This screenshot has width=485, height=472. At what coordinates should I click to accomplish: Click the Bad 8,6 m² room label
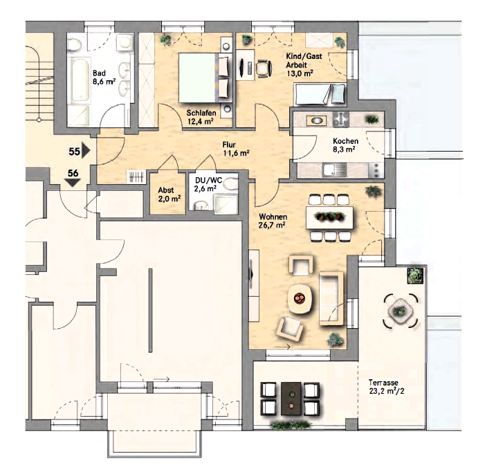(x=104, y=78)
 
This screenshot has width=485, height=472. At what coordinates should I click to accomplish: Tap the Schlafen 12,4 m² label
(x=201, y=117)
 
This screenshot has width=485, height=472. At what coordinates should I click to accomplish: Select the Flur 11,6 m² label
(x=237, y=149)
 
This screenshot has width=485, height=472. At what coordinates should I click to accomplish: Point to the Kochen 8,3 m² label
(x=345, y=145)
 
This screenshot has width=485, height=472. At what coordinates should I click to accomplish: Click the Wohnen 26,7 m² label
(x=273, y=221)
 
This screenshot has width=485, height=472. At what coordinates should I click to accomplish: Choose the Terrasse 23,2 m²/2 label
(x=387, y=387)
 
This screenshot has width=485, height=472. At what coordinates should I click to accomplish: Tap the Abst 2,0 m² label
(x=170, y=194)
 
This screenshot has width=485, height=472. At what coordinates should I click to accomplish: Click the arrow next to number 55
(x=86, y=152)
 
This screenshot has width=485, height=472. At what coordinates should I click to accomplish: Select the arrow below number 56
(x=73, y=183)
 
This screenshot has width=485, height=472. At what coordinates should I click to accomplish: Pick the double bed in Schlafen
(x=205, y=78)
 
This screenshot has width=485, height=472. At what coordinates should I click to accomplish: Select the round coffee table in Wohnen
(x=300, y=298)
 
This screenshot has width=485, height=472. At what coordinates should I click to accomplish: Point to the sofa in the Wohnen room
(x=331, y=298)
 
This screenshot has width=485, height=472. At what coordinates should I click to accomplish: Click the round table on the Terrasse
(x=401, y=310)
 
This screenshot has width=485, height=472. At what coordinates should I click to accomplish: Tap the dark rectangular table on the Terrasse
(x=291, y=399)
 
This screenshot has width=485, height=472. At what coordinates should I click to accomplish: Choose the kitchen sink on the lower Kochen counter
(x=331, y=170)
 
